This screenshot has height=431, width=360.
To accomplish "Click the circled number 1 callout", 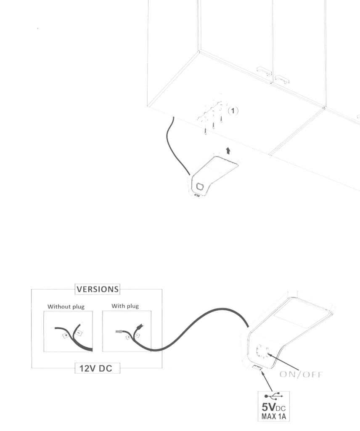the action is (x=233, y=111).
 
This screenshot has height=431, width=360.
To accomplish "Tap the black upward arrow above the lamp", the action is (x=228, y=151).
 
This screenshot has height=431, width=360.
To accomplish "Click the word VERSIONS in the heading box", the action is (x=98, y=289).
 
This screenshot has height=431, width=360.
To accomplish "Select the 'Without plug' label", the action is (x=66, y=306).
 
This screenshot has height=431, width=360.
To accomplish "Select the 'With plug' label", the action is (x=125, y=306).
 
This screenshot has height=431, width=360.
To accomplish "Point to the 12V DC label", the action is (x=96, y=368).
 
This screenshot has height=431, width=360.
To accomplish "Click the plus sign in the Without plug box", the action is (x=66, y=335).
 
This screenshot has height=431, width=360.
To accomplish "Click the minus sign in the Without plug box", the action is (x=79, y=333).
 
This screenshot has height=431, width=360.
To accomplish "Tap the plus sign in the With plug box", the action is (x=128, y=337).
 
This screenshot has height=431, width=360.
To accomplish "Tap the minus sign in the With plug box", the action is (x=137, y=335).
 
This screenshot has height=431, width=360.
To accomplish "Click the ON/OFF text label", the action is (x=301, y=374).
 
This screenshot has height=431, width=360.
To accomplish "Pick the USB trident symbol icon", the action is (x=274, y=396).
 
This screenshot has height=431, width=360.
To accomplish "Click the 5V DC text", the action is (x=273, y=407).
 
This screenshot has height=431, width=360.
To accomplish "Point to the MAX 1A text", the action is (x=273, y=416).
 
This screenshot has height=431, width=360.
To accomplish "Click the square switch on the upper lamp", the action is (x=201, y=186).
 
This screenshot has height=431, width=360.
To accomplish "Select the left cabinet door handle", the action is (x=264, y=71).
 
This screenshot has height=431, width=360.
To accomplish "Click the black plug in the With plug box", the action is (x=140, y=327).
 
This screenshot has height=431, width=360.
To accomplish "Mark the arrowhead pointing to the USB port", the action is (x=263, y=373).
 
